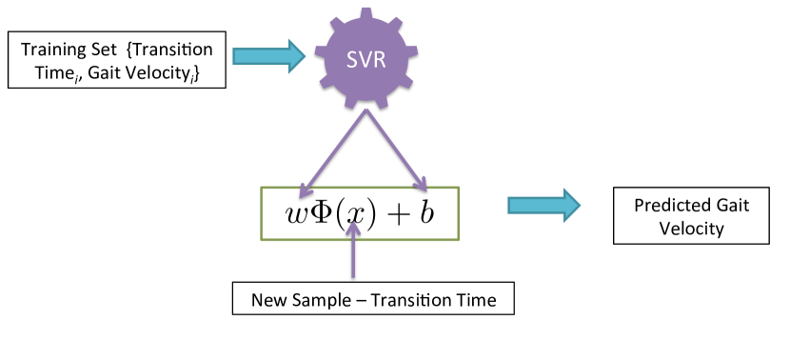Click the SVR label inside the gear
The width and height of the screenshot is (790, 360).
click(x=366, y=60)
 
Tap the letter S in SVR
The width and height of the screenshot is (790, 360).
click(x=352, y=60)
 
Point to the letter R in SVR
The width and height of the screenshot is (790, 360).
click(x=380, y=60)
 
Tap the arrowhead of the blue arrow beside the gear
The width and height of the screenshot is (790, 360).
click(x=297, y=56)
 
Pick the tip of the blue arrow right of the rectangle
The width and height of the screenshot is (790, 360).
click(x=578, y=205)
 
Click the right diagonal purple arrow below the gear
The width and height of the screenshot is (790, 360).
click(x=396, y=150)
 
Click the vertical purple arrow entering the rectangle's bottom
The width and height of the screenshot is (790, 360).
click(x=353, y=252)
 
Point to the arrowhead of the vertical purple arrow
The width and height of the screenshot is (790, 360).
click(x=353, y=227)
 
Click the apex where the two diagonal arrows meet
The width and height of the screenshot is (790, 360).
click(x=366, y=110)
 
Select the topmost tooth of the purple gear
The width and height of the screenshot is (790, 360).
click(x=366, y=12)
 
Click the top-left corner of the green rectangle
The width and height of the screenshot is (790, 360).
click(x=261, y=187)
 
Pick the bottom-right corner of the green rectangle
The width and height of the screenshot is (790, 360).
click(x=459, y=240)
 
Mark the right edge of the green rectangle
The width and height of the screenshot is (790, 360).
click(x=459, y=213)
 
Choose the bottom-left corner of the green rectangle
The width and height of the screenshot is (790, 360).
click(x=261, y=240)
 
